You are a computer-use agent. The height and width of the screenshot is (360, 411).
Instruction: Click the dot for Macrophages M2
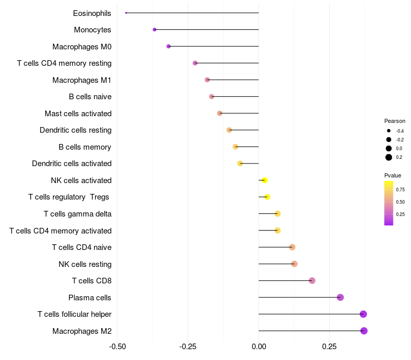(364, 331)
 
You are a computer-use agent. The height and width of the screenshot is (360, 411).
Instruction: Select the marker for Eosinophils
(126, 13)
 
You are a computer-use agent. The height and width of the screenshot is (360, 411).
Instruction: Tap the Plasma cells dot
(340, 297)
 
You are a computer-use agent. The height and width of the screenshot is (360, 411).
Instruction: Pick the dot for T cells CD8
(312, 281)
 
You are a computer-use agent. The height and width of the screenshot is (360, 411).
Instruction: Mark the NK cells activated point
(265, 180)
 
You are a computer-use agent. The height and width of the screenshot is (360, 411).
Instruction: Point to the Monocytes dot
(155, 30)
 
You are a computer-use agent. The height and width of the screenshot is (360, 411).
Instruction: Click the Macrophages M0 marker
(169, 46)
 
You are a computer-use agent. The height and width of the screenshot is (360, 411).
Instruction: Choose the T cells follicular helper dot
(363, 314)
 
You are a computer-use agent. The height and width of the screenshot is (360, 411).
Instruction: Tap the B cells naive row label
(90, 97)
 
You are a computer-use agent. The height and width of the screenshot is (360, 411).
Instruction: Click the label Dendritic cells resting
(76, 130)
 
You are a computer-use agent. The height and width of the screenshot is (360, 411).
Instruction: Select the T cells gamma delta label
(78, 214)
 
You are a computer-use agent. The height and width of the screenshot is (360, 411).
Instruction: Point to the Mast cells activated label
(78, 113)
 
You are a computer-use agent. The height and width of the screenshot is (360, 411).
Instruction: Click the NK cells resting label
(85, 264)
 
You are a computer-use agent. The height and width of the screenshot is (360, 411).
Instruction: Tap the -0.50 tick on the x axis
(118, 347)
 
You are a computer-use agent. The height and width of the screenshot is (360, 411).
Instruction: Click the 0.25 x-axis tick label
(329, 347)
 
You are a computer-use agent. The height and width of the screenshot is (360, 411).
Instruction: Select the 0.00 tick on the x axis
(258, 347)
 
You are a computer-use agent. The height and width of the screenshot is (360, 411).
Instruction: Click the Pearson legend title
(395, 121)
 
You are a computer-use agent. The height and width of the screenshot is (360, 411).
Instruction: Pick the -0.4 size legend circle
(389, 131)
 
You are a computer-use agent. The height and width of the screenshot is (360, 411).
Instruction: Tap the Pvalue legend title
(393, 175)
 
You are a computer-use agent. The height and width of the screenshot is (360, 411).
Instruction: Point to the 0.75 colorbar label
(400, 189)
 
